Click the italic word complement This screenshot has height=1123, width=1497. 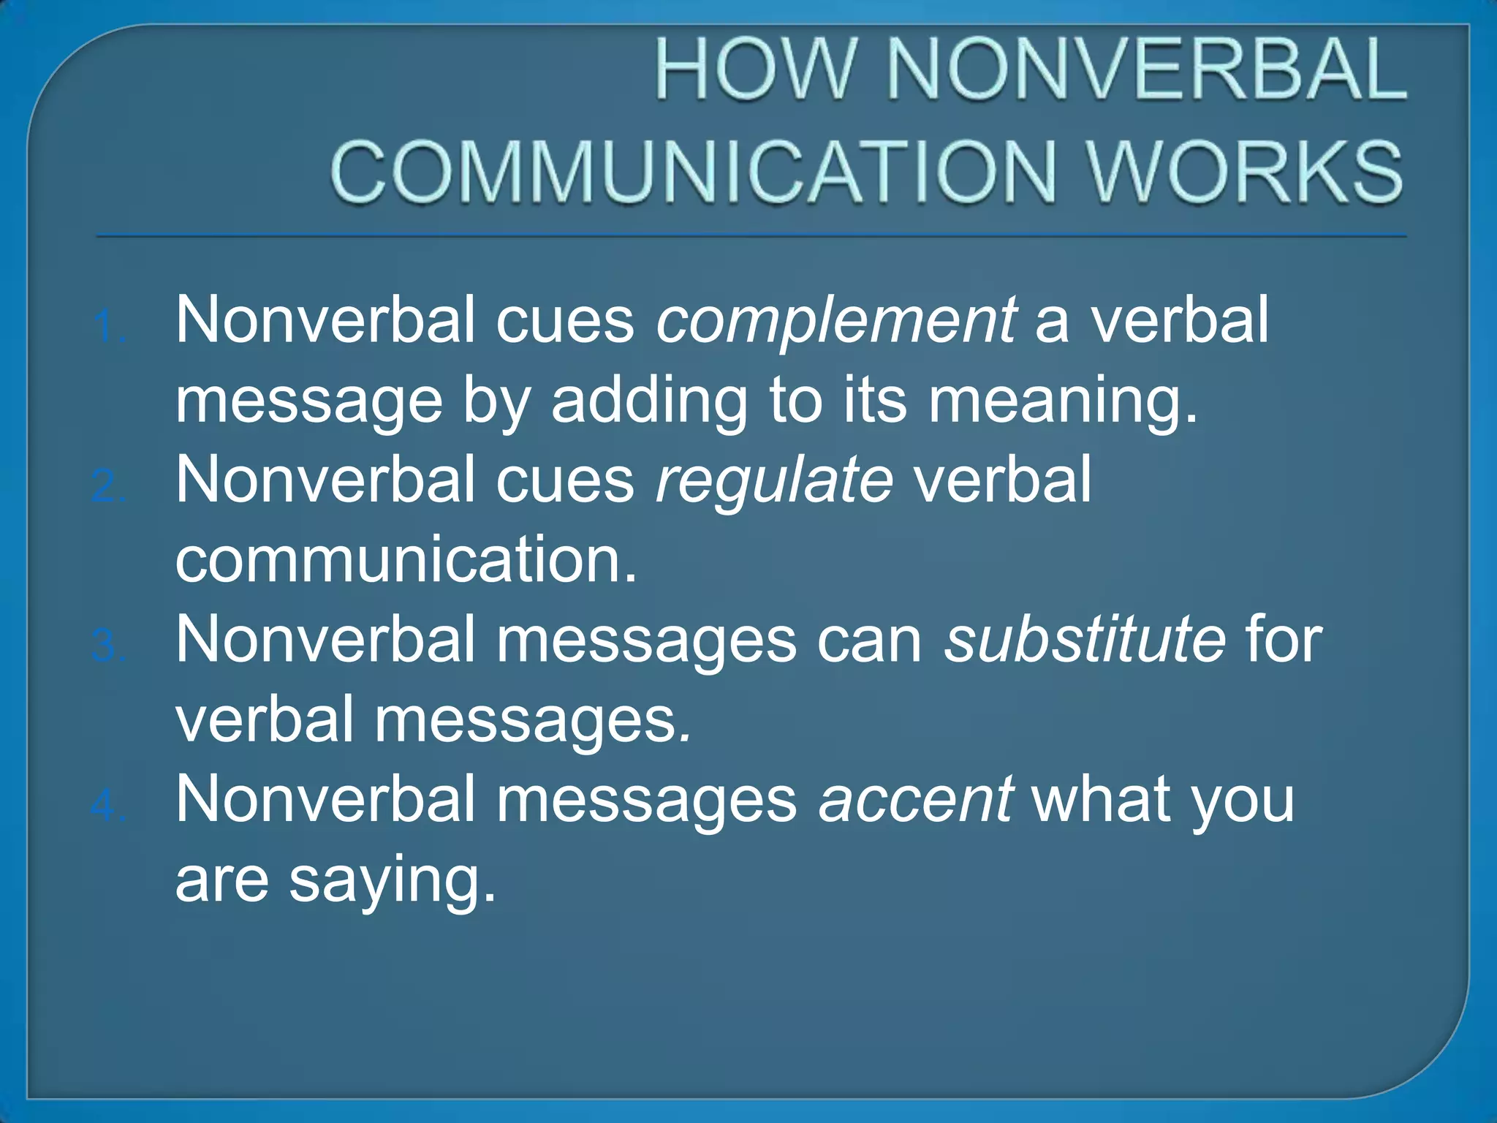(835, 322)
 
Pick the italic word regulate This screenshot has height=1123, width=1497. (774, 481)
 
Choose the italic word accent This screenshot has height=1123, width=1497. (915, 800)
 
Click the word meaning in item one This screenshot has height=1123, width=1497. (1063, 401)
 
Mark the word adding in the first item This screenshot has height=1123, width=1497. (649, 401)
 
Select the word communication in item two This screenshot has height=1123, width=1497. (406, 561)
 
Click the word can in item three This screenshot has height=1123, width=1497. (869, 640)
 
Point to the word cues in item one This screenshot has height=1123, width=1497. (565, 322)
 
